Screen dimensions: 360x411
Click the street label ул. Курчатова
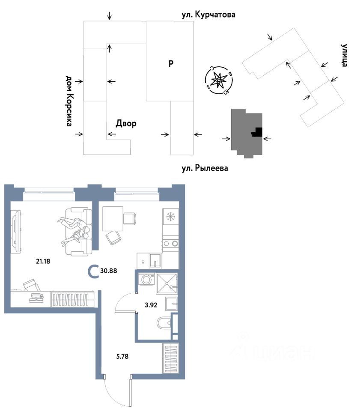pyautogui.click(x=209, y=15)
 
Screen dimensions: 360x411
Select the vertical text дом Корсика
pyautogui.click(x=68, y=101)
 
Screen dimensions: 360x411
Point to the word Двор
pyautogui.click(x=126, y=124)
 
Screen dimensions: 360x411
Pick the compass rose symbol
pyautogui.click(x=219, y=80)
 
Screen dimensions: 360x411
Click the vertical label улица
pyautogui.click(x=345, y=55)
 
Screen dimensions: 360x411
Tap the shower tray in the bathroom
pyautogui.click(x=167, y=281)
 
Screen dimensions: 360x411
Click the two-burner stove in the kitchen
pyautogui.click(x=170, y=243)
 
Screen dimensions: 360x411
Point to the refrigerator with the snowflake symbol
pyautogui.click(x=170, y=217)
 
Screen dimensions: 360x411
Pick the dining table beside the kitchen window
pyautogui.click(x=113, y=218)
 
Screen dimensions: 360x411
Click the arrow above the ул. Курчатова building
pyautogui.click(x=110, y=16)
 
